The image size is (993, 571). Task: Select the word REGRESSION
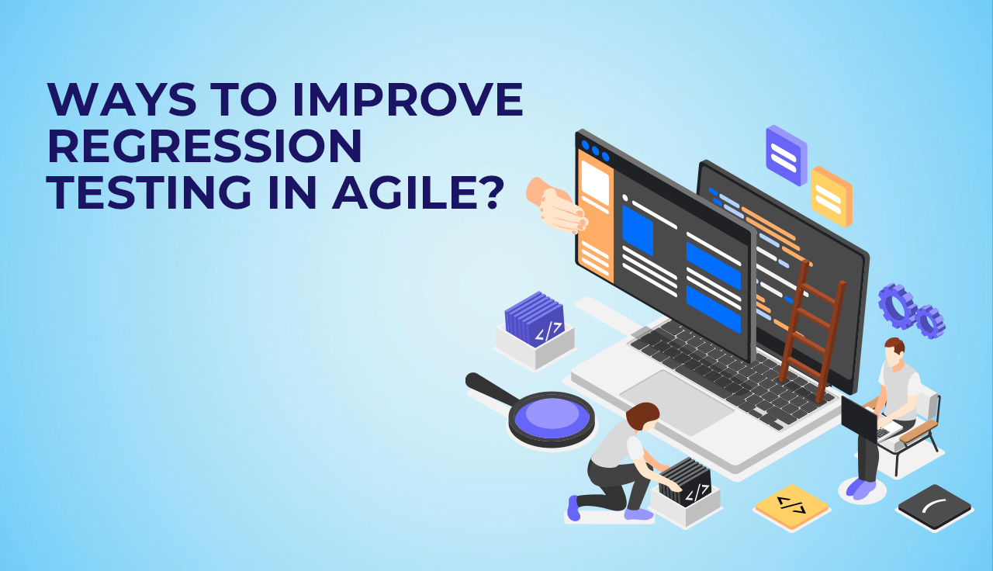click(205, 146)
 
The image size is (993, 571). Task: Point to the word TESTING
click(149, 192)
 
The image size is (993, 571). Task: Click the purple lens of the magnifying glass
click(551, 417)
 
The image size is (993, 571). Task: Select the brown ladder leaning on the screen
click(812, 330)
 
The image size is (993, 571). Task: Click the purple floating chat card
click(787, 155)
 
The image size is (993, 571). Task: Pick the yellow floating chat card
click(832, 196)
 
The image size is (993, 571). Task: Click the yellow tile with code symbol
click(792, 507)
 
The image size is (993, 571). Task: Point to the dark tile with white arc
click(935, 507)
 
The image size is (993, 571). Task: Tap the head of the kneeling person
click(643, 416)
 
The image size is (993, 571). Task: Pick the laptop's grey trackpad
click(676, 402)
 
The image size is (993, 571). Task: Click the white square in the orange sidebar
click(595, 182)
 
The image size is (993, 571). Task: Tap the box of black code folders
click(686, 492)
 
